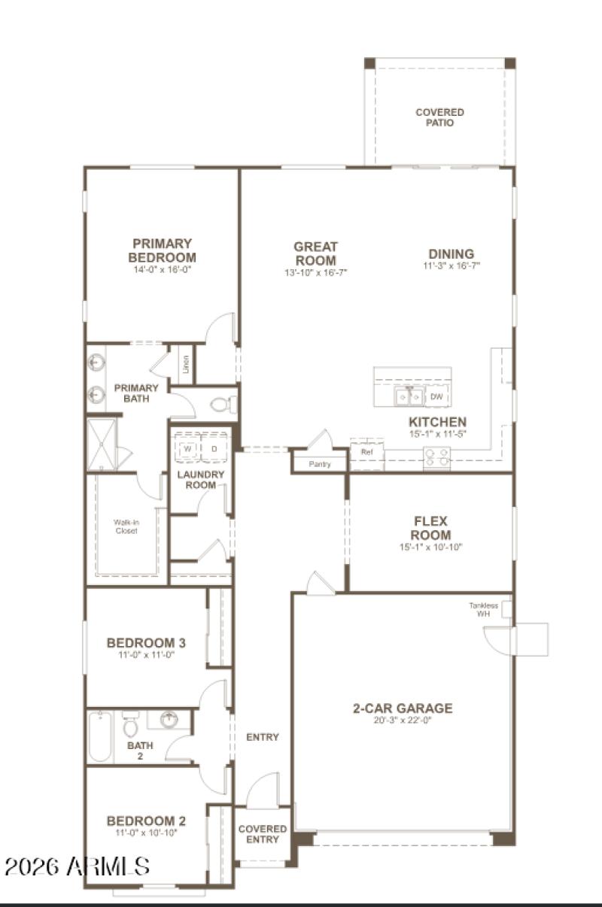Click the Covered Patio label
pos(439,117)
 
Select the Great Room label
pos(315,253)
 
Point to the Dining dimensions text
pos(451,265)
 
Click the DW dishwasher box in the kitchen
pos(436,396)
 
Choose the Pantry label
pos(320,464)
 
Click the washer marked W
pos(187,449)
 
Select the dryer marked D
pos(214,449)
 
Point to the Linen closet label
pos(186,368)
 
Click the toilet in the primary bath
pos(222,405)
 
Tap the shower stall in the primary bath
pos(102,444)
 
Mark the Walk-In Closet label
pos(126,526)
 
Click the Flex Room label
pos(430,528)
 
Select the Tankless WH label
pos(483,609)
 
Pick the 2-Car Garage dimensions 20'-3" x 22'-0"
pos(403,720)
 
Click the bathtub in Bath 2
pos(100,737)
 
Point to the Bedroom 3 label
pos(146,643)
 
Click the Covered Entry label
pos(262,834)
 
